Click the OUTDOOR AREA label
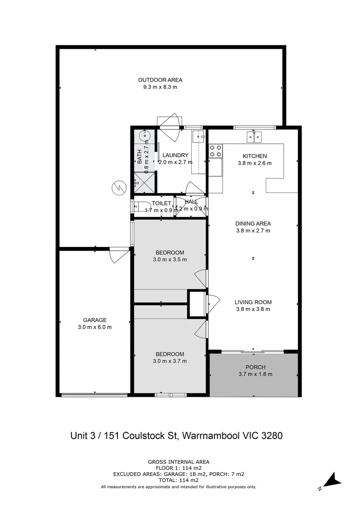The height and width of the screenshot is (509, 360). (x=160, y=80)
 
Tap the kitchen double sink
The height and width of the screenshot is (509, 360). (x=254, y=137)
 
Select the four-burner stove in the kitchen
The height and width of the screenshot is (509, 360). (x=215, y=151)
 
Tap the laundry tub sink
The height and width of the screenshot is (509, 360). (x=198, y=137)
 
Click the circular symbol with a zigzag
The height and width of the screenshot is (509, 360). (x=119, y=188)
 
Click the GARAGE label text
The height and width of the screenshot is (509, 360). (x=95, y=320)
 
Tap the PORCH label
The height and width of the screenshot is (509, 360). (x=255, y=367)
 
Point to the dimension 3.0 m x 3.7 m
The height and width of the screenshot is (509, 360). (x=170, y=361)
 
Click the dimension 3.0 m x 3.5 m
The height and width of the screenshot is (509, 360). (x=170, y=260)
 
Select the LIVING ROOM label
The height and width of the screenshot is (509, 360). (x=253, y=302)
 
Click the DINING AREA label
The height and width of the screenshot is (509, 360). (x=253, y=223)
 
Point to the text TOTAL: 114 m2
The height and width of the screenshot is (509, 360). (x=179, y=481)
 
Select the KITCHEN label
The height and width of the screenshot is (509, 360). (x=254, y=156)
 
